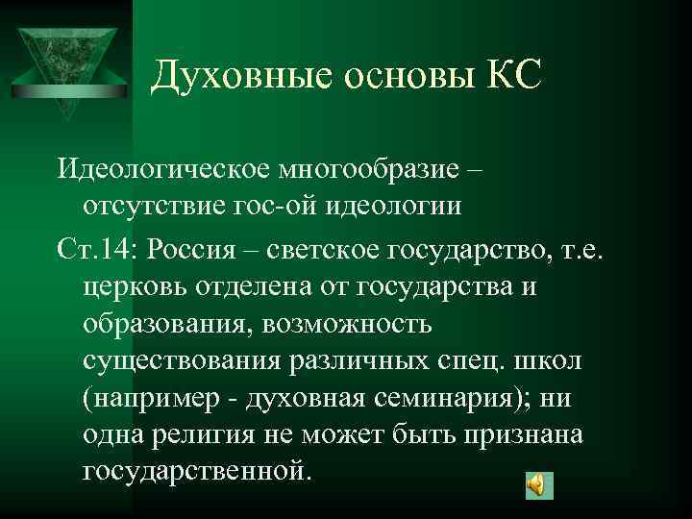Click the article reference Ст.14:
point(99,249)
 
